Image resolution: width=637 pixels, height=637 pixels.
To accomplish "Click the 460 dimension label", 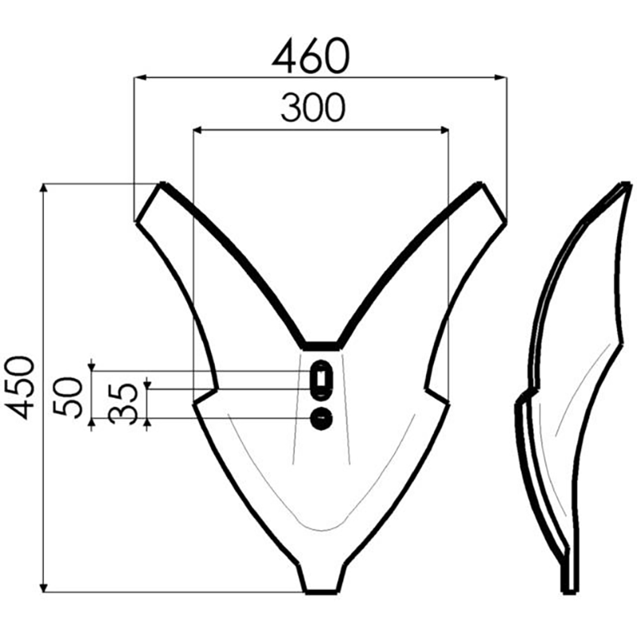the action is [x=311, y=56].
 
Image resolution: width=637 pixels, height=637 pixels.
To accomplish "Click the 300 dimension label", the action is [x=313, y=108].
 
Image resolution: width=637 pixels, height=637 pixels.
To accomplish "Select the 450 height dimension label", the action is [x=18, y=388].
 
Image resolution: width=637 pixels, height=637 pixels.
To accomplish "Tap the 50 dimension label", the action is [x=68, y=397].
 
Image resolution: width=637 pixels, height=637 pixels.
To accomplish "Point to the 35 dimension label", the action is [x=123, y=404].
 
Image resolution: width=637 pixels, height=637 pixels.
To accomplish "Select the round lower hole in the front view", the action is [x=322, y=418].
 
